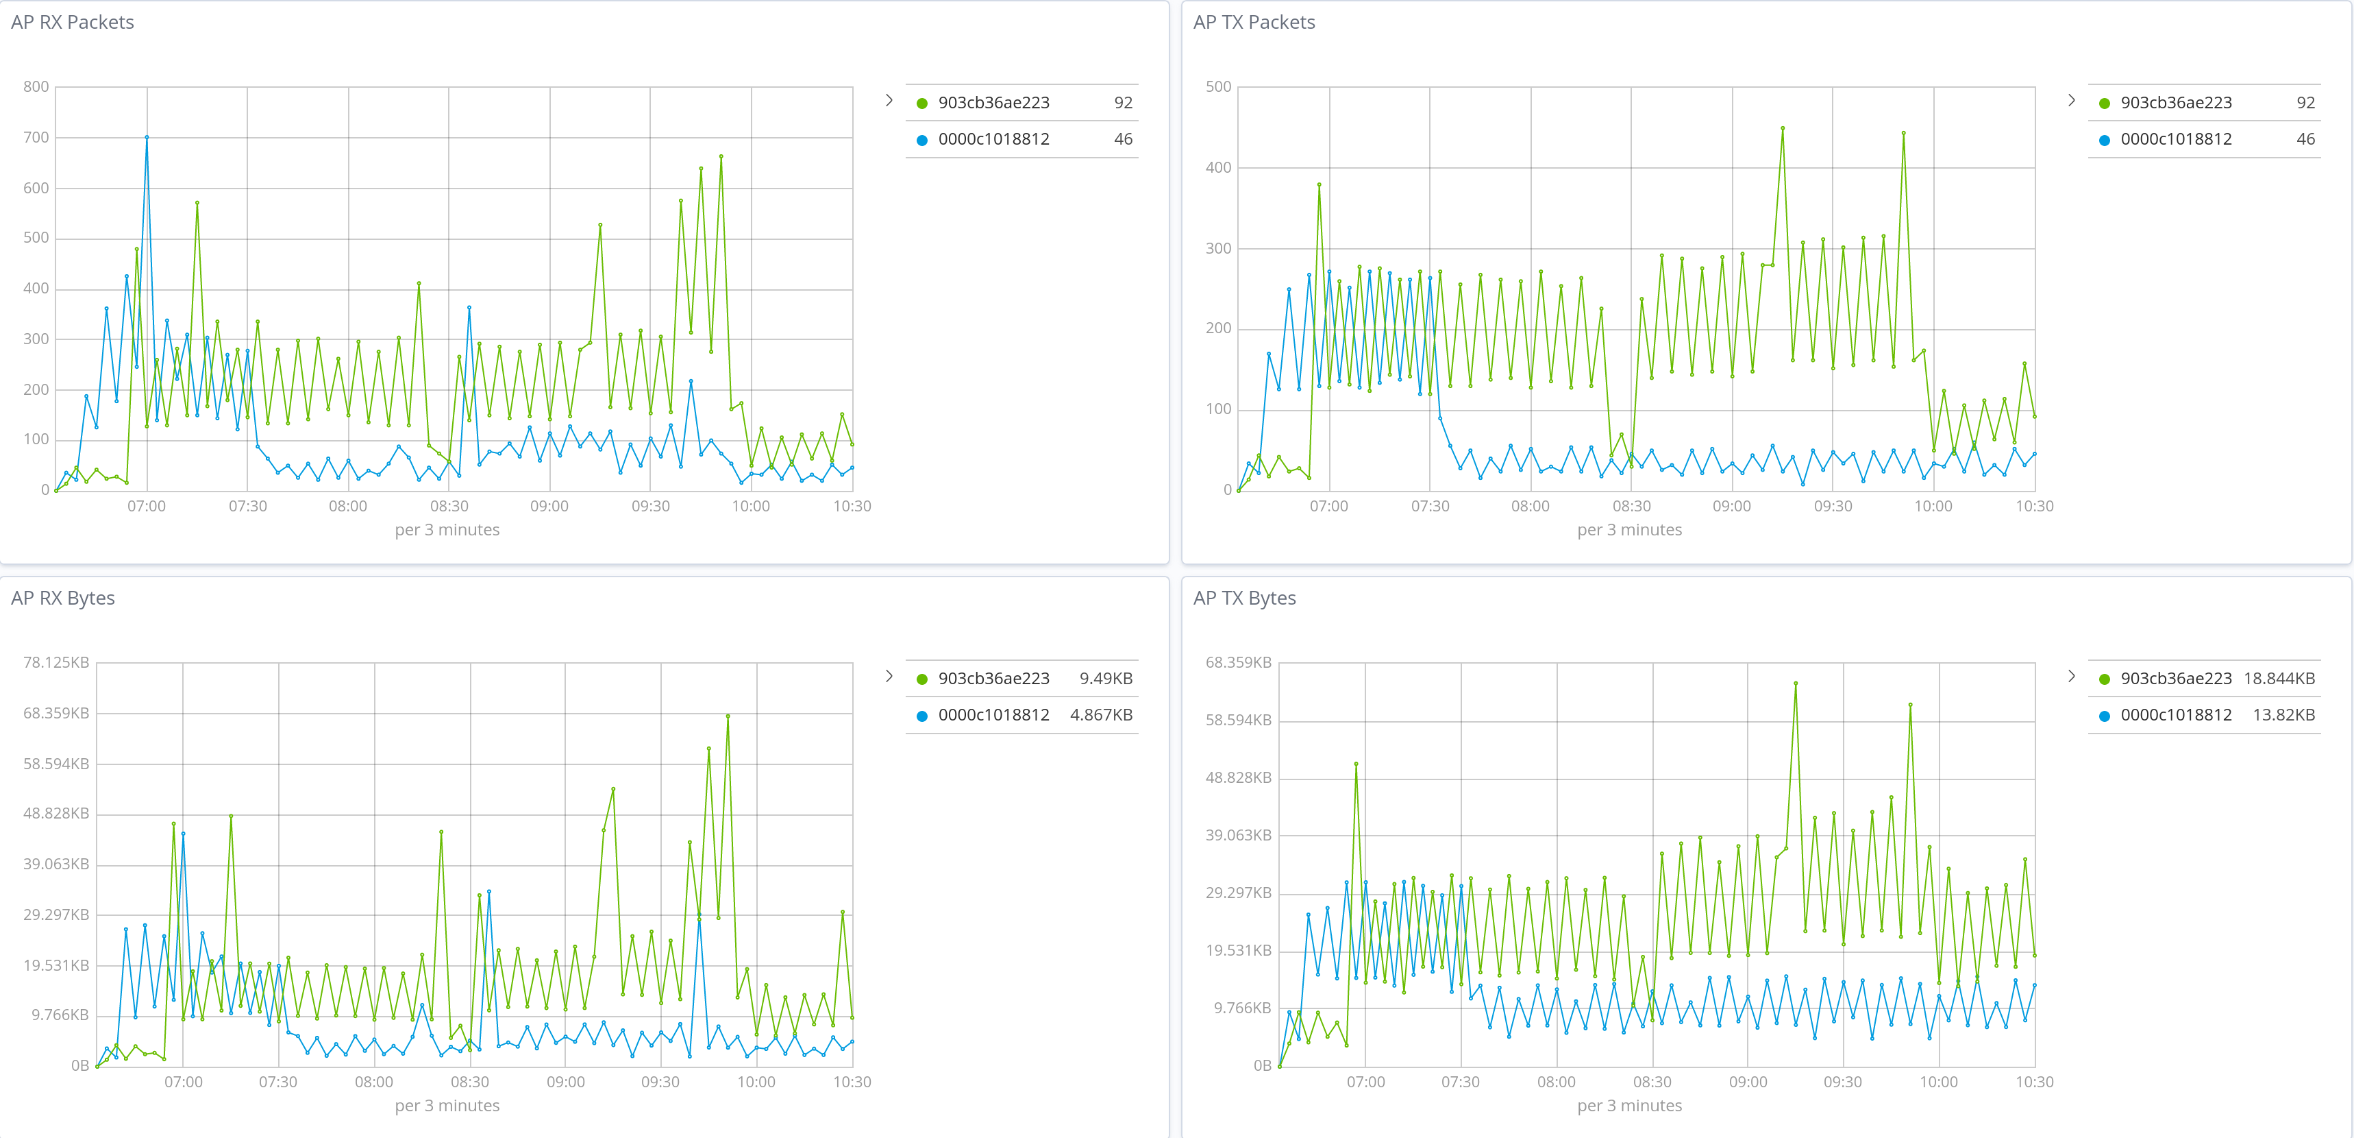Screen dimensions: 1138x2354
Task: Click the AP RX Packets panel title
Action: click(72, 22)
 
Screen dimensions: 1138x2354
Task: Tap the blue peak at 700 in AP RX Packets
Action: click(147, 137)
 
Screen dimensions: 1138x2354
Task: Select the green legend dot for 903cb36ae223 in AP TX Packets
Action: click(2104, 104)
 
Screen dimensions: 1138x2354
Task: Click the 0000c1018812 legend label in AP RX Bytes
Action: click(993, 715)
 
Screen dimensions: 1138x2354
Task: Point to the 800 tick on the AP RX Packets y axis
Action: click(36, 87)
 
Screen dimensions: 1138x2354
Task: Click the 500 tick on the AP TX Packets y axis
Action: click(1218, 87)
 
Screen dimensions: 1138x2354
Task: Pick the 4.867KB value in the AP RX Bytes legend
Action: click(1101, 715)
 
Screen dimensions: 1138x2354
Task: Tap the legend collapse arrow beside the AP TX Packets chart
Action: click(2071, 101)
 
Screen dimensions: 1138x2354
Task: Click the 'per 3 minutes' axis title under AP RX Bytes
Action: click(447, 1105)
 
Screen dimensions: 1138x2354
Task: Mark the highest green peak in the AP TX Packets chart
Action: click(1782, 128)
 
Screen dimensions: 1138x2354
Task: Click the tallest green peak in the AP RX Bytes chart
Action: click(728, 716)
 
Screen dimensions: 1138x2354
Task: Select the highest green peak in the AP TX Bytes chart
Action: click(1795, 683)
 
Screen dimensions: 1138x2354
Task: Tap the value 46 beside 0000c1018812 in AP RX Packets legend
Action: click(1123, 139)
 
